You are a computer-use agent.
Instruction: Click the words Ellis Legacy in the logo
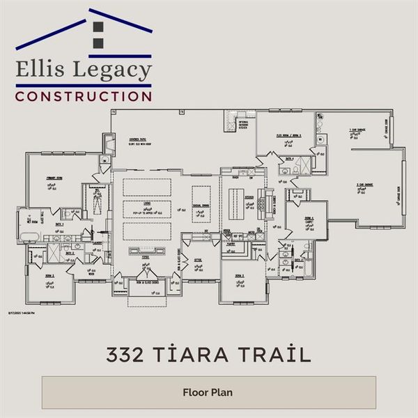84,71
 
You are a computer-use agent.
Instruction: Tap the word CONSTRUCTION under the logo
84,95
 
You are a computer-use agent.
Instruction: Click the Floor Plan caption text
208,392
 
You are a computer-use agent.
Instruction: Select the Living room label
147,204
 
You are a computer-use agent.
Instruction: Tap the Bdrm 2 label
50,277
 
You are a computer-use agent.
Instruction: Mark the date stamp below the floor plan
22,313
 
